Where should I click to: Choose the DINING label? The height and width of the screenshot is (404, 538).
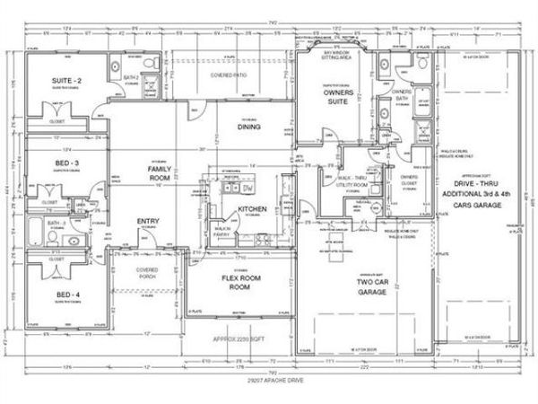248,127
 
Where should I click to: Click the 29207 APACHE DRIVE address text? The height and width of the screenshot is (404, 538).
268,383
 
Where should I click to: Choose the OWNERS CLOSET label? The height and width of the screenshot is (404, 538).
409,180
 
